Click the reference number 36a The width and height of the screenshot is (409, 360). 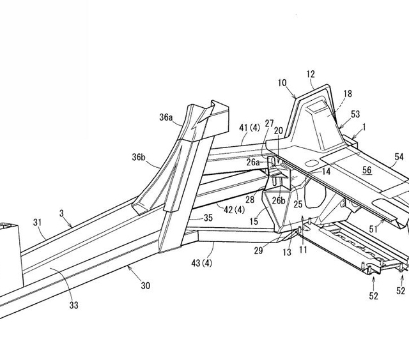pyautogui.click(x=166, y=117)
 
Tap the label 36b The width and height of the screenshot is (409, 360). pyautogui.click(x=139, y=157)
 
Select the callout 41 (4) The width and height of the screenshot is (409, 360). pyautogui.click(x=250, y=128)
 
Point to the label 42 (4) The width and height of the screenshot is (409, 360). pyautogui.click(x=235, y=209)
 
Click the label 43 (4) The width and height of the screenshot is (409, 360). pyautogui.click(x=202, y=263)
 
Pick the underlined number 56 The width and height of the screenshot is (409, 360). pyautogui.click(x=367, y=170)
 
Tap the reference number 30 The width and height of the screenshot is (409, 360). pyautogui.click(x=146, y=286)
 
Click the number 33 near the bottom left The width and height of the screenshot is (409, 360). pyautogui.click(x=74, y=305)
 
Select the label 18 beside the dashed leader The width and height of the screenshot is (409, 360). pyautogui.click(x=348, y=94)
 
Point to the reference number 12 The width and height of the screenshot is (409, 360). pyautogui.click(x=311, y=74)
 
